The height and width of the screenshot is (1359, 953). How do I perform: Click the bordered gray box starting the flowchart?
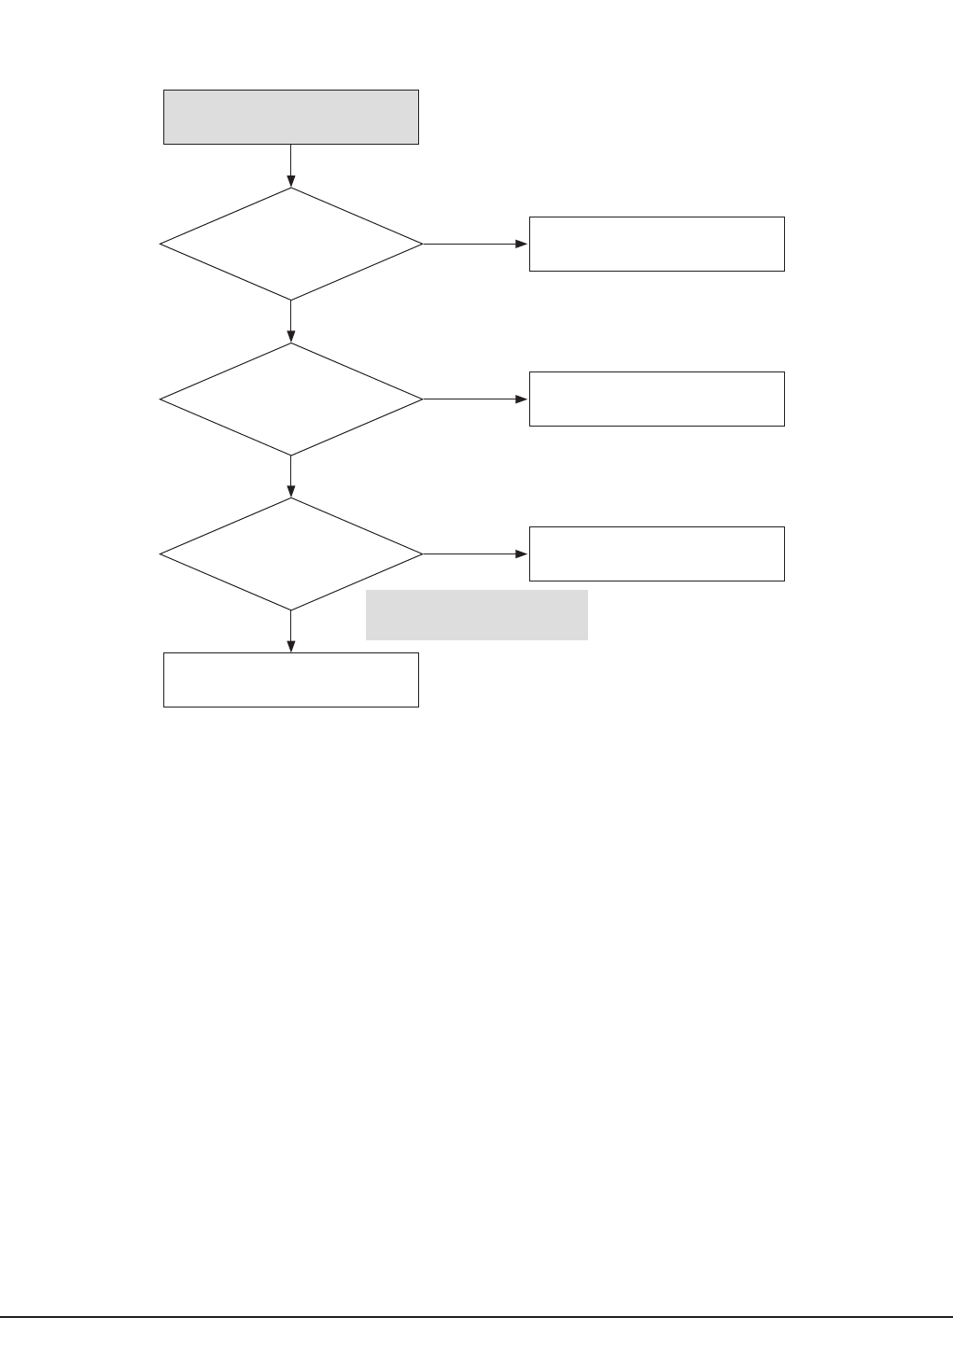[290, 117]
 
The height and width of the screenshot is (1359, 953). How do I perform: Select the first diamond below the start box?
[290, 244]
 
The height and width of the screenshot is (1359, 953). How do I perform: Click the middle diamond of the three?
[290, 399]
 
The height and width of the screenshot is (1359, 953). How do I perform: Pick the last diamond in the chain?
[290, 553]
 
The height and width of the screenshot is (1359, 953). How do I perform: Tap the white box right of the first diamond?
[656, 244]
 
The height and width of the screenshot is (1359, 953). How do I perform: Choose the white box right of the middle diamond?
[656, 399]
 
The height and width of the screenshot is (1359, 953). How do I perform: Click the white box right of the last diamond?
[656, 553]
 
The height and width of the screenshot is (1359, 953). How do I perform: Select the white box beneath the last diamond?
[290, 679]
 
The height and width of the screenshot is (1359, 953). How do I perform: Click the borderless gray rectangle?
[476, 614]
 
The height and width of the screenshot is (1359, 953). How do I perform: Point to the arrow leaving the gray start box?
[291, 165]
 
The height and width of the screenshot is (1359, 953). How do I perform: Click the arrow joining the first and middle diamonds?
[291, 321]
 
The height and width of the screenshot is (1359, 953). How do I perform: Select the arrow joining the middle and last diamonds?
[291, 476]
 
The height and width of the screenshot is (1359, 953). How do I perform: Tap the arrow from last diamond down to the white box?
[291, 631]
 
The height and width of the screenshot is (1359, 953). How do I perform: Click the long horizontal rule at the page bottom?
[476, 1317]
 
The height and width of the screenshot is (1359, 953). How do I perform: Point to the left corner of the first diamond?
[161, 244]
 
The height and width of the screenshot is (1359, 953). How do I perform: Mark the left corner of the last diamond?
[161, 553]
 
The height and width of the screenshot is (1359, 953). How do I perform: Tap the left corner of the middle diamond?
[161, 399]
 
